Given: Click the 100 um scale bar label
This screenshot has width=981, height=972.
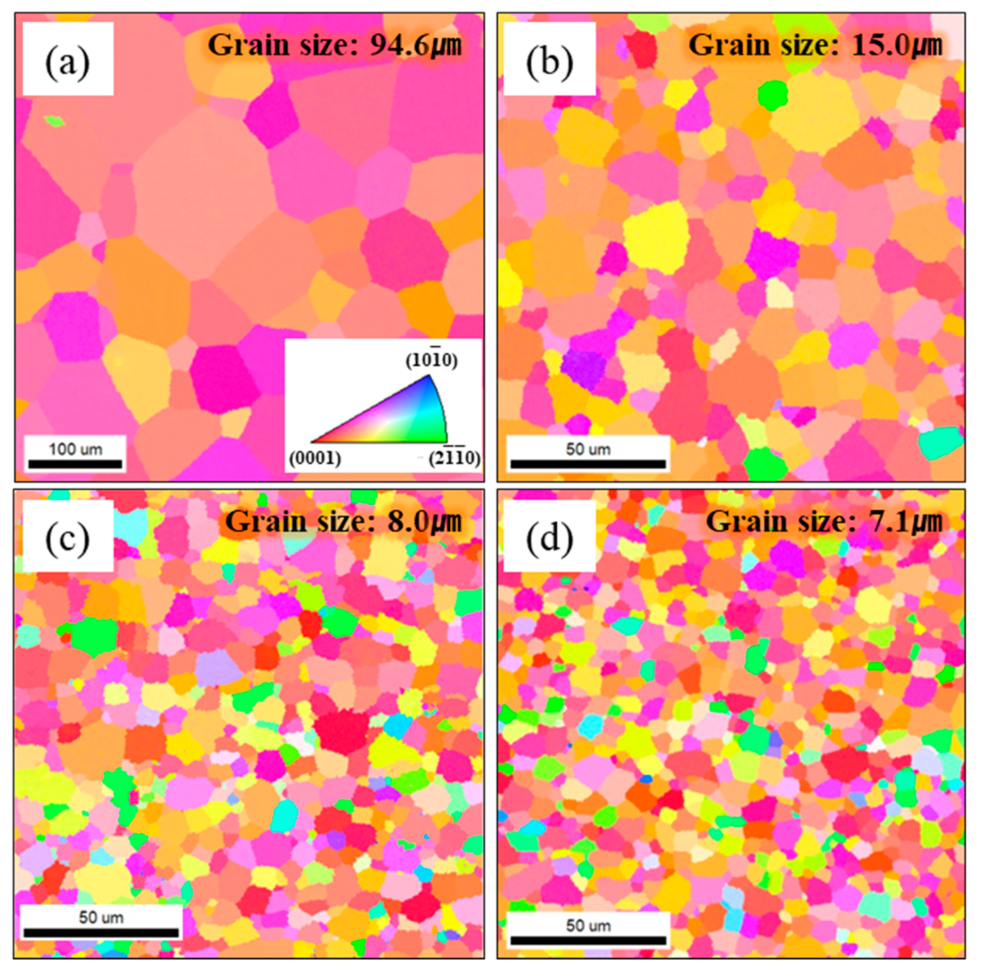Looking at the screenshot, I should tap(75, 449).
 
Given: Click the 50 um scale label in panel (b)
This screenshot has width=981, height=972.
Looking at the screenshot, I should tap(588, 449).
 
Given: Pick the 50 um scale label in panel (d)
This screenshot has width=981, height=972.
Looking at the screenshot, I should tap(588, 925).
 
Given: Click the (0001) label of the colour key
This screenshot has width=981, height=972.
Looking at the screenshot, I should tap(315, 459).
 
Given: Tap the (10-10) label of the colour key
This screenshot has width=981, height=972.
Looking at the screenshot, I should tap(431, 361).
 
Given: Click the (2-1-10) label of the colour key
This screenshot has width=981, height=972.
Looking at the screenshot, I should tap(453, 459).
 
